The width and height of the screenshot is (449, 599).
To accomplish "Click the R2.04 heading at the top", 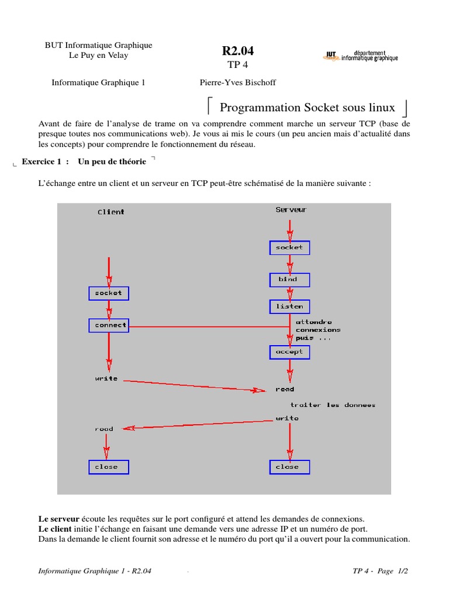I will tap(237, 51).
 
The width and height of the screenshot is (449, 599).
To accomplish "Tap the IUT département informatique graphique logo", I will tap(360, 56).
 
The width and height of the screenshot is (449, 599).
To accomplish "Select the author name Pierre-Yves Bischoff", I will tap(237, 82).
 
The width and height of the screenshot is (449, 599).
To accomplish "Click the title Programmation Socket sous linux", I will tap(307, 108).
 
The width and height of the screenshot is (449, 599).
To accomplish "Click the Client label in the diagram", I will tap(110, 212).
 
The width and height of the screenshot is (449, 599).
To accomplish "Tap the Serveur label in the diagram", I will tap(291, 209).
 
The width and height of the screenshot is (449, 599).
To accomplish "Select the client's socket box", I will tap(109, 293).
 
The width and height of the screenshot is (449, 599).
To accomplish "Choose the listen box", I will tap(289, 307).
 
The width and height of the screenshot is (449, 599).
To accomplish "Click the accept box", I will tap(289, 352).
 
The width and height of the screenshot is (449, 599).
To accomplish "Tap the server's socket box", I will tap(289, 248).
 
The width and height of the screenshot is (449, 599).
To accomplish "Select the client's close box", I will tap(108, 467).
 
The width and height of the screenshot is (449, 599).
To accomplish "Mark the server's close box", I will tap(289, 467).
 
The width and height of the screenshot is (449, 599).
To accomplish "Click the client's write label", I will tap(106, 378).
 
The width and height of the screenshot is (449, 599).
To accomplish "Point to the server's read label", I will tap(285, 389).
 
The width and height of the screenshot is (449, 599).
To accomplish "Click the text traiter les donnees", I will tap(333, 405).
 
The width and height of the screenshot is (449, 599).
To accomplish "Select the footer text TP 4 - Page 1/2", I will tap(380, 572).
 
